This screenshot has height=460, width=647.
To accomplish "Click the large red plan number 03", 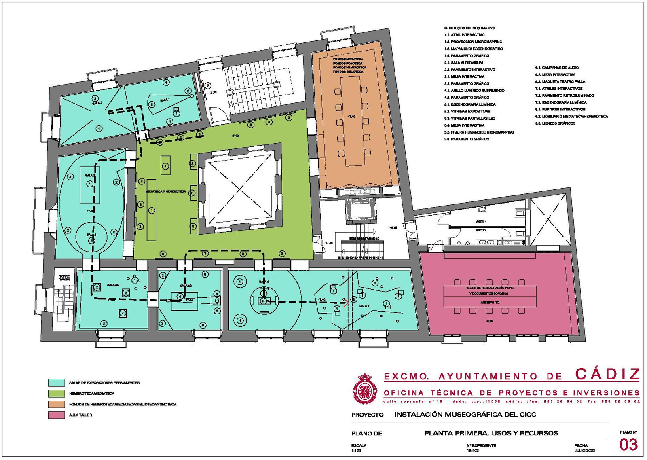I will [x=628, y=445].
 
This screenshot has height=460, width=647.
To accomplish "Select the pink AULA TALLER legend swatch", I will [x=56, y=415].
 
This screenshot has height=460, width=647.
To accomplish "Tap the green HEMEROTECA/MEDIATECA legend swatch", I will [x=56, y=393].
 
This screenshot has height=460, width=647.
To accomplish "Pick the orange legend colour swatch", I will [x=56, y=404].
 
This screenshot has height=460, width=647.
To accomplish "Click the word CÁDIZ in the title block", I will [x=607, y=374].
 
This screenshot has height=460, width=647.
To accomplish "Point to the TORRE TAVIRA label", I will [x=65, y=278].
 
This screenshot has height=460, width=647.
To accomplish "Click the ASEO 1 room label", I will [x=481, y=222].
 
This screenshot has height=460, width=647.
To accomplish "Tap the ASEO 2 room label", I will [x=481, y=230].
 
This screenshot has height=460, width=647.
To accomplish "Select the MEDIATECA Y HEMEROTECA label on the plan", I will [x=166, y=191].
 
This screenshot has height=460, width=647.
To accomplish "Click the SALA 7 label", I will [x=364, y=306].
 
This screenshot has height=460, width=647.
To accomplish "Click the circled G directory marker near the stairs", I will [x=208, y=86].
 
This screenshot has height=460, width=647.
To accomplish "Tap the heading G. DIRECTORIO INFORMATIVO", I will [x=469, y=28].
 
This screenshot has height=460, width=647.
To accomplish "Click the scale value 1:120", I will [x=356, y=450].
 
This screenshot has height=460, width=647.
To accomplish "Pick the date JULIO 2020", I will [x=584, y=450].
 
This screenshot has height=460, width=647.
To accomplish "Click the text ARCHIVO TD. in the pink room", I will [x=490, y=303].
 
